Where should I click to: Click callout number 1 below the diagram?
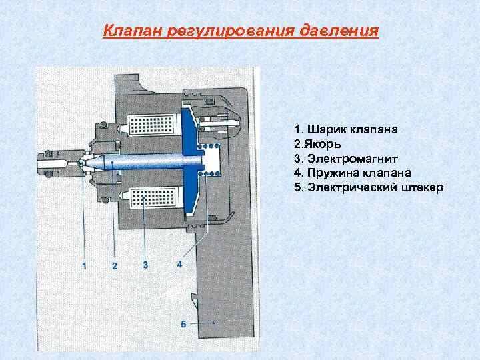pos(85,266)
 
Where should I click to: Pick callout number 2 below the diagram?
pos(115,267)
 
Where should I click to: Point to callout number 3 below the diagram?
pos(145,265)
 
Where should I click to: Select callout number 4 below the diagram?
pos(179,265)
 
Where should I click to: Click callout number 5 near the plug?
pos(183,324)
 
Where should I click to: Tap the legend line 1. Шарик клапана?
pos(346,129)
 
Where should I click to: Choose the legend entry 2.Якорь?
pos(317,144)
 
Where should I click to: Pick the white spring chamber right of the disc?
pos(213,162)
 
